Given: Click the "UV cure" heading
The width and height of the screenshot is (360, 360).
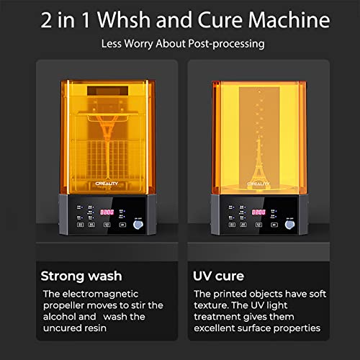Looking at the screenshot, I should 219,275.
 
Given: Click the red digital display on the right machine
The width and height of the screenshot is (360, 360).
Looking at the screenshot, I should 258,212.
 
